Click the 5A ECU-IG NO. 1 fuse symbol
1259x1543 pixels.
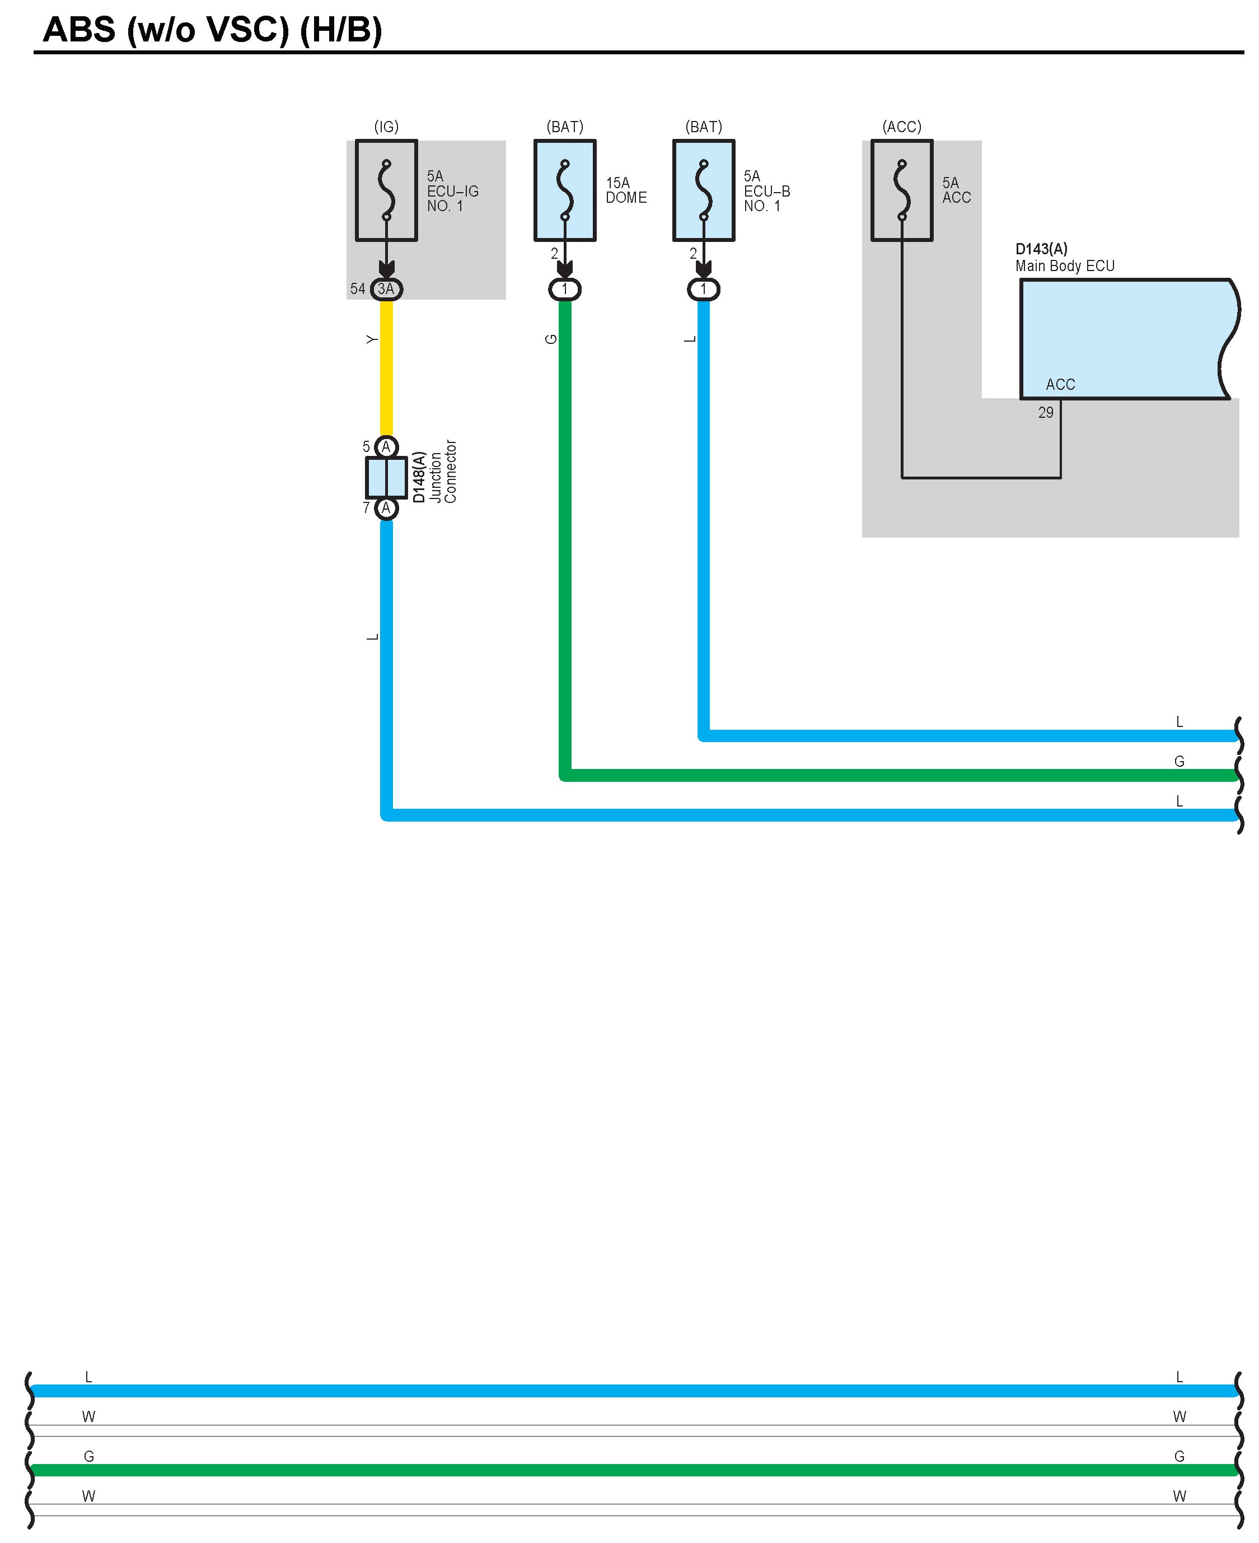point(387,190)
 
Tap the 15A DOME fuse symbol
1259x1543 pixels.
point(565,190)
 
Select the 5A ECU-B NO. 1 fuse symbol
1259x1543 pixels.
point(704,190)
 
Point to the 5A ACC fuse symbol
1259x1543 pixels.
point(901,190)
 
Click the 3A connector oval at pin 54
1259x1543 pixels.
point(387,289)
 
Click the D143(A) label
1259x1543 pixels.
point(1041,249)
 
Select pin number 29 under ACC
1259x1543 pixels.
point(1045,413)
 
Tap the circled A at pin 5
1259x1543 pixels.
point(387,446)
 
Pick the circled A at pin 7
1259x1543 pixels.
point(387,508)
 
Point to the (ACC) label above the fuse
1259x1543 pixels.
point(901,127)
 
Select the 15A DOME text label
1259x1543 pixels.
point(626,190)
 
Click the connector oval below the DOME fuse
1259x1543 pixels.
point(565,290)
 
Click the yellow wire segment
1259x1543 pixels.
point(387,370)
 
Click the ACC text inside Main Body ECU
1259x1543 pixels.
point(1060,384)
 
